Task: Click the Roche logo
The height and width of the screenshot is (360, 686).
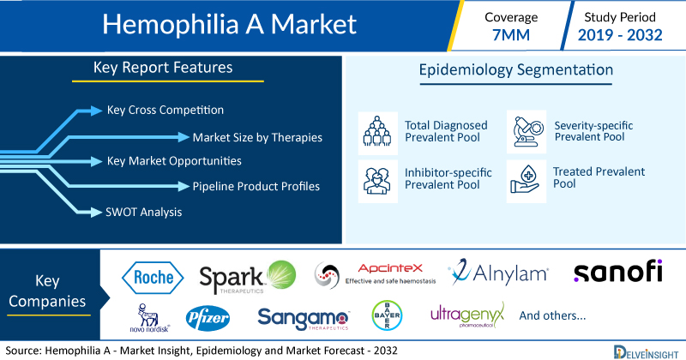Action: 153,278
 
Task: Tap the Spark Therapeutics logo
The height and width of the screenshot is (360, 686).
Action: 248,277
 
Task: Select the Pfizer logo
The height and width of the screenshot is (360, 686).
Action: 208,318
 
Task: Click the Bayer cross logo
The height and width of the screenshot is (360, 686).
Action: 388,315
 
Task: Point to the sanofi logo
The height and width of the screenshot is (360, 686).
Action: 617,271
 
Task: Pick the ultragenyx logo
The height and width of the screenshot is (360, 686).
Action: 467,315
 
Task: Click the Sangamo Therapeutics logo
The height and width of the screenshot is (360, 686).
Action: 304,319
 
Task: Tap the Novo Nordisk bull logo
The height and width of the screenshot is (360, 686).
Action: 149,318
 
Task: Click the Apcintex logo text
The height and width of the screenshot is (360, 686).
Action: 390,268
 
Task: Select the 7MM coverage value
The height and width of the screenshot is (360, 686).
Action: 511,35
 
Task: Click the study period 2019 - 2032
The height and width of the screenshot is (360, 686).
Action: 620,35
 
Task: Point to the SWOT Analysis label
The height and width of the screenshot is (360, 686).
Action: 143,213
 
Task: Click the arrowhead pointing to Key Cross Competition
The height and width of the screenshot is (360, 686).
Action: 96,111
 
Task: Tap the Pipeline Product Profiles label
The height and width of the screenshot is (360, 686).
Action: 256,186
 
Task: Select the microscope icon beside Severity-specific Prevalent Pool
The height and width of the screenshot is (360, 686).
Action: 527,132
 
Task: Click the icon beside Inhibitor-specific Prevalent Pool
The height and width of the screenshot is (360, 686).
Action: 377,181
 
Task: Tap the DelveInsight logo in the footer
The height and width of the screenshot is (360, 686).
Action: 646,352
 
